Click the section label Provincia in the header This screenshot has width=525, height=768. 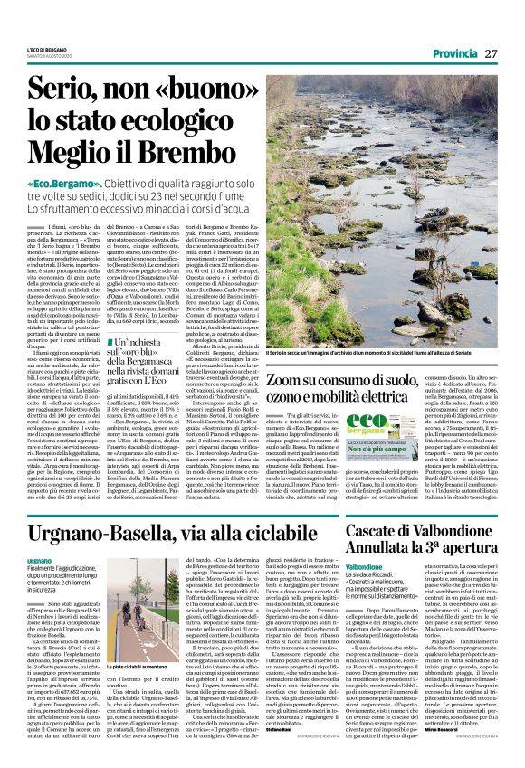[454, 54]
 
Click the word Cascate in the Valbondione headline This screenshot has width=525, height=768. [379, 529]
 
